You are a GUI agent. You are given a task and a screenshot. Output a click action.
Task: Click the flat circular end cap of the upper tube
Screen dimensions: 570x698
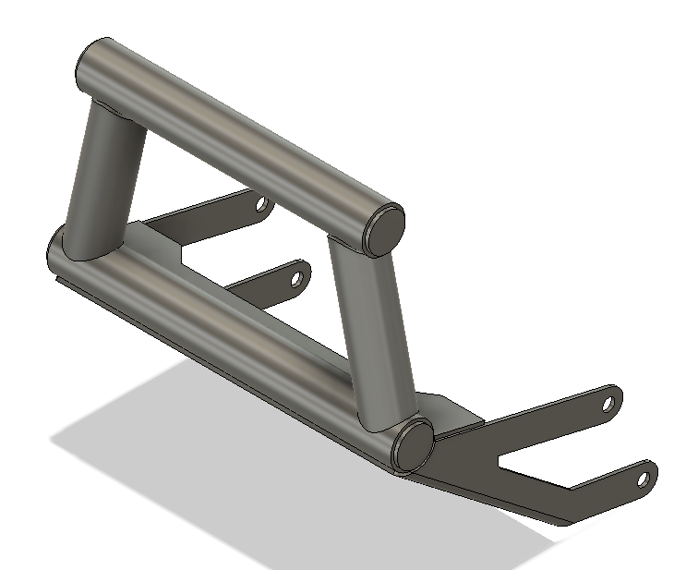click(386, 227)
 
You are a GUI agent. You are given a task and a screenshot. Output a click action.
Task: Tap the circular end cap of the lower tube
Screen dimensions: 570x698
click(413, 444)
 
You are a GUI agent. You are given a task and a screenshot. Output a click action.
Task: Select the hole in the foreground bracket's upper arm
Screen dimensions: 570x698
click(608, 403)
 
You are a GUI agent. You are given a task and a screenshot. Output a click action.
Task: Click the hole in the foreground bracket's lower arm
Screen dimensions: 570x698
click(645, 479)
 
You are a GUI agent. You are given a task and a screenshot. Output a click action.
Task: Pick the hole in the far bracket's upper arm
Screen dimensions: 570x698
click(260, 202)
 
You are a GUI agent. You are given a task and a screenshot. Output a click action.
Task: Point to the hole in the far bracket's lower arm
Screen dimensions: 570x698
click(296, 276)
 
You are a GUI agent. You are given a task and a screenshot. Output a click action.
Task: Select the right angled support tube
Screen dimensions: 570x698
click(374, 333)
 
